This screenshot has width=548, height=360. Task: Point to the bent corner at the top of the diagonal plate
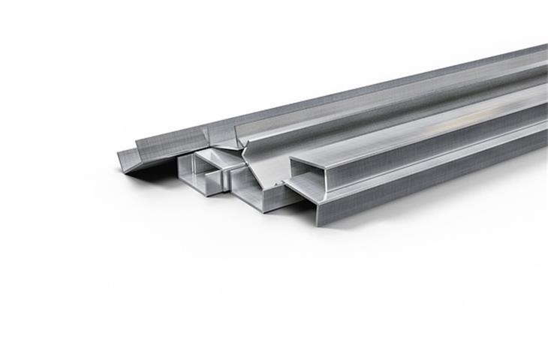tap(242, 148)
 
